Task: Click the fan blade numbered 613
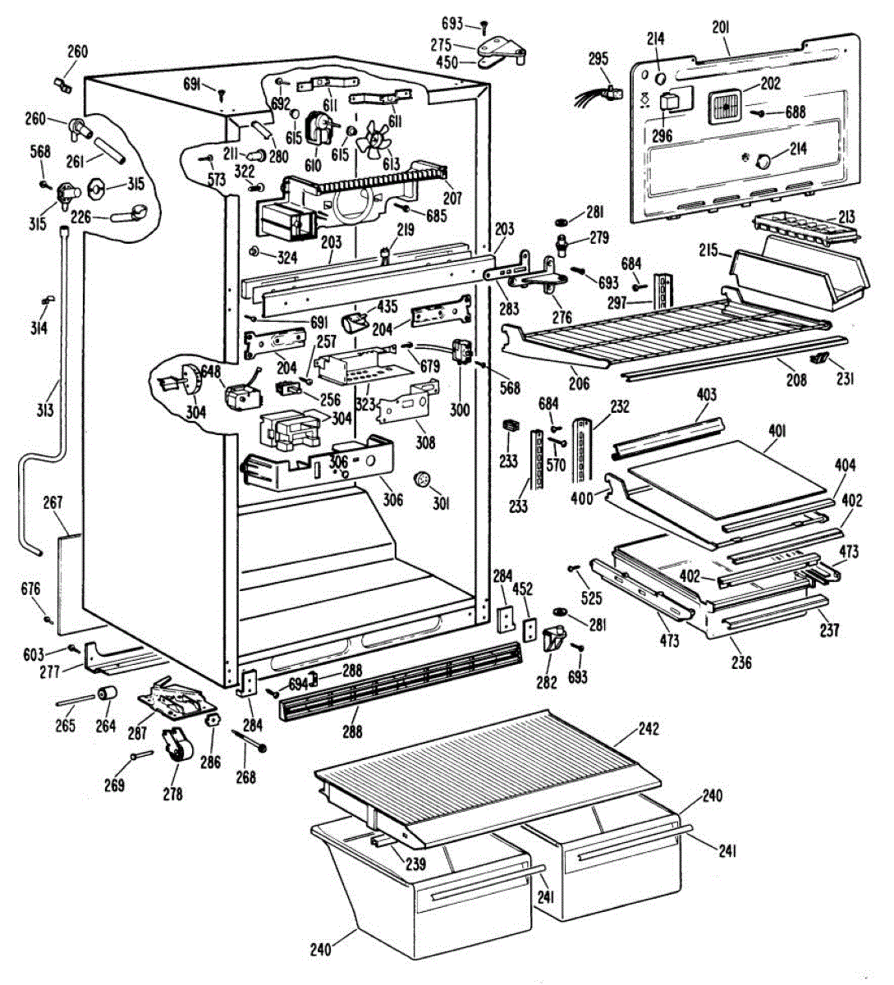tap(373, 138)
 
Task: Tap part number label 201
tap(721, 29)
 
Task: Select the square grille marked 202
tap(725, 107)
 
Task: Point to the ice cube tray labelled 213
tap(806, 228)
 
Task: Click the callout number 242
tap(649, 729)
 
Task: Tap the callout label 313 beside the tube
tap(44, 410)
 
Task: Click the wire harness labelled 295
tap(598, 96)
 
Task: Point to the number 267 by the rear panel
tap(53, 503)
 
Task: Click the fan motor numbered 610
tap(319, 128)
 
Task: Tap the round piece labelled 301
tap(421, 479)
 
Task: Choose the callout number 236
tap(741, 662)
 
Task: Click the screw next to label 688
tap(758, 113)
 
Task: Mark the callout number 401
tap(777, 432)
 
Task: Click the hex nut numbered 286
tap(213, 720)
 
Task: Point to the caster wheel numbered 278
tap(177, 745)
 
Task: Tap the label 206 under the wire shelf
tap(579, 383)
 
